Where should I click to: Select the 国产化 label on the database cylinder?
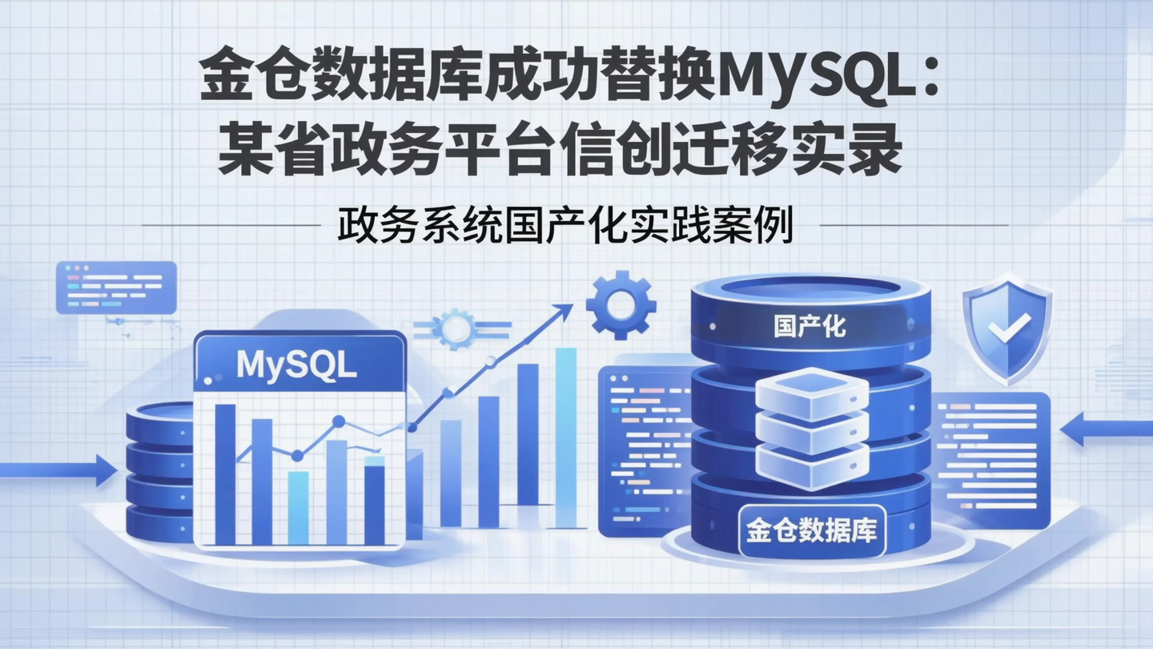pos(810,326)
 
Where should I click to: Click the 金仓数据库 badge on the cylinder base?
pos(810,531)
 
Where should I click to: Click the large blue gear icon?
pos(621,304)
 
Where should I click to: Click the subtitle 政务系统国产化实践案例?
pos(565,227)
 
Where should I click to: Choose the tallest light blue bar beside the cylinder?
pos(566,437)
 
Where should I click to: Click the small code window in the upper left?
pos(116,287)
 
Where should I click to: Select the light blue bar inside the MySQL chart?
pos(298,507)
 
